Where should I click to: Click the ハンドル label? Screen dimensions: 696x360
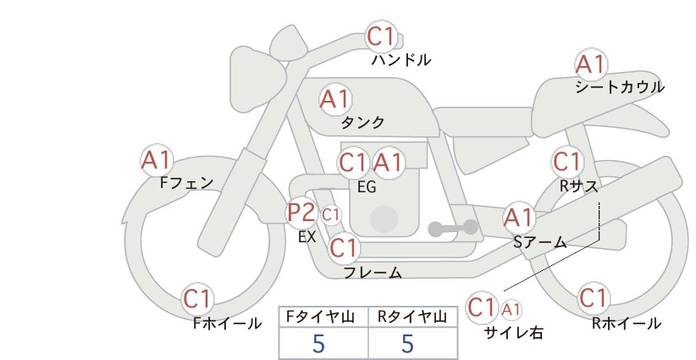pyautogui.click(x=401, y=59)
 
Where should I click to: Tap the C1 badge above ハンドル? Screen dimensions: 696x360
pyautogui.click(x=381, y=36)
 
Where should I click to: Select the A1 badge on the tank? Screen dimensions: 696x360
pyautogui.click(x=335, y=99)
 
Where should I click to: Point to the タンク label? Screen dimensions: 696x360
pyautogui.click(x=362, y=122)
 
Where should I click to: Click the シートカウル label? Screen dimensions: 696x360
pyautogui.click(x=620, y=87)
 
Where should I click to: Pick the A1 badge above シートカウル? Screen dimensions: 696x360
pyautogui.click(x=591, y=65)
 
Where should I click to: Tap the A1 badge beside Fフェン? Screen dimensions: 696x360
pyautogui.click(x=157, y=160)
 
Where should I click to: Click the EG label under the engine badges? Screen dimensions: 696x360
pyautogui.click(x=367, y=187)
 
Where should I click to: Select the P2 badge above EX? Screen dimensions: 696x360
pyautogui.click(x=301, y=213)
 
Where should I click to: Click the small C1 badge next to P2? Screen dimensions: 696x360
pyautogui.click(x=331, y=215)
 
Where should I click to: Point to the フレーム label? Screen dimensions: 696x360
pyautogui.click(x=373, y=273)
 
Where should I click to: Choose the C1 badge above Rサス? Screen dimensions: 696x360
pyautogui.click(x=566, y=162)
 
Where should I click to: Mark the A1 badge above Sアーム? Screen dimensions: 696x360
pyautogui.click(x=519, y=218)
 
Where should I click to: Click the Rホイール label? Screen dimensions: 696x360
pyautogui.click(x=627, y=324)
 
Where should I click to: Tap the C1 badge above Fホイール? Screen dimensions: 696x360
pyautogui.click(x=196, y=299)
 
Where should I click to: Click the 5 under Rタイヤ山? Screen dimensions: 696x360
pyautogui.click(x=408, y=343)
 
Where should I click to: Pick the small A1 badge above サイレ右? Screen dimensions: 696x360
pyautogui.click(x=511, y=309)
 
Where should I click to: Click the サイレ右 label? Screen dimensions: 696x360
pyautogui.click(x=514, y=333)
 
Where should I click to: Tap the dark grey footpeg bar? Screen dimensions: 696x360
pyautogui.click(x=453, y=229)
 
